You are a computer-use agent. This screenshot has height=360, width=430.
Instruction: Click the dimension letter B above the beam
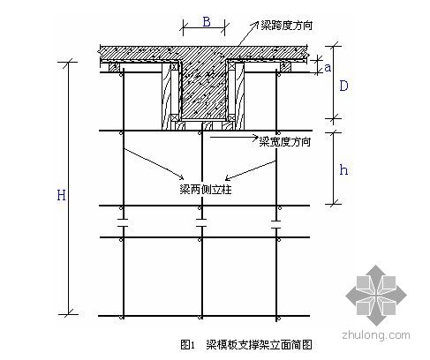click(x=207, y=22)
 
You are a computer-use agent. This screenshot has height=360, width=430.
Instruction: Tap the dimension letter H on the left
click(x=61, y=195)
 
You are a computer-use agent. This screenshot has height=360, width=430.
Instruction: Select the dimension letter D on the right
click(x=343, y=86)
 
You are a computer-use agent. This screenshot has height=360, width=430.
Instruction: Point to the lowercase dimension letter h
click(x=343, y=169)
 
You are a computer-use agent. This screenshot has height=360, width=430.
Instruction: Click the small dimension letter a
click(x=328, y=68)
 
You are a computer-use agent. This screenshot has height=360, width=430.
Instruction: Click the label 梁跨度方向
click(x=286, y=26)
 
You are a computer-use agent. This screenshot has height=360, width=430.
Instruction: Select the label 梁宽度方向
click(x=284, y=142)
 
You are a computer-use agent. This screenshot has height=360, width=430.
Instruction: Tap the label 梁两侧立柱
click(x=206, y=190)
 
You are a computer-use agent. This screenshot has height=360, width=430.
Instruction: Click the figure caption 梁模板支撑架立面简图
click(x=259, y=344)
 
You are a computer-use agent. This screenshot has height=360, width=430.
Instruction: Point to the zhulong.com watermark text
click(x=376, y=335)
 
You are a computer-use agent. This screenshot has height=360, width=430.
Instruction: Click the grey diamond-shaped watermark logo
click(x=376, y=296)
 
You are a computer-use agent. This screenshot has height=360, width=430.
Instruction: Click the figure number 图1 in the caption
click(x=187, y=344)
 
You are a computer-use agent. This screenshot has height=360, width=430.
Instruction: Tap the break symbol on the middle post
click(x=201, y=222)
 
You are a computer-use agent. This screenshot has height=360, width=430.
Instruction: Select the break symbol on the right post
click(x=276, y=224)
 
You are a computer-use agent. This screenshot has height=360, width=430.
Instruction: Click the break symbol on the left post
click(x=123, y=222)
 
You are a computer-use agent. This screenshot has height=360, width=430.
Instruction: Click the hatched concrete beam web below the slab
click(x=203, y=90)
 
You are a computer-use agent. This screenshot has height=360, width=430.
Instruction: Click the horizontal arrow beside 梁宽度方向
click(x=234, y=137)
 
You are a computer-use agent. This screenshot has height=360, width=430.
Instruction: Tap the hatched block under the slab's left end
click(x=114, y=67)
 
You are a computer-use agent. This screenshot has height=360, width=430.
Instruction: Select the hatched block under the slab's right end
click(x=285, y=67)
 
